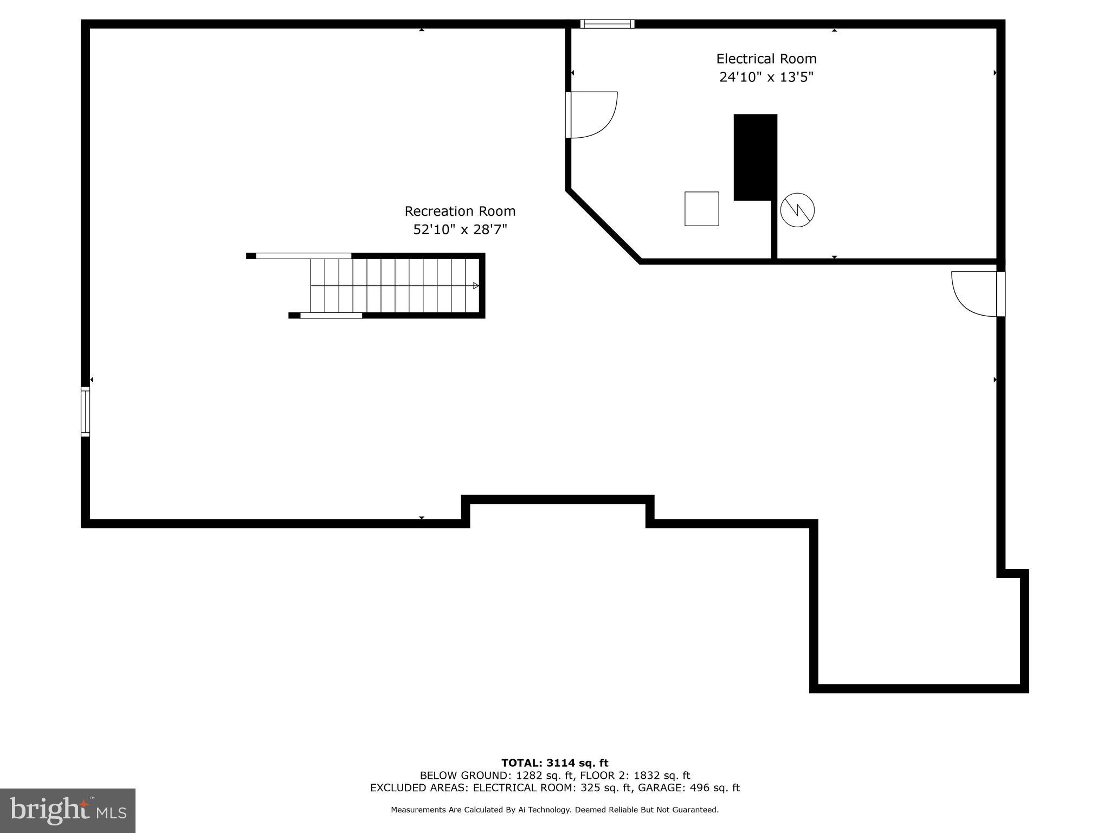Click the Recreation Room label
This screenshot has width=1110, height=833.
pyautogui.click(x=460, y=211)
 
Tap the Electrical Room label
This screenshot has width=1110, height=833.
pyautogui.click(x=766, y=59)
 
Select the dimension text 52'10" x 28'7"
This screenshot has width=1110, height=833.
pyautogui.click(x=460, y=230)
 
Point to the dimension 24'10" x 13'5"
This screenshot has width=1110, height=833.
pyautogui.click(x=766, y=77)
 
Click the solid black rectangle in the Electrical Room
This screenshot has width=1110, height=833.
pyautogui.click(x=755, y=156)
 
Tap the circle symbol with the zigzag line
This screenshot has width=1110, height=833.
pyautogui.click(x=797, y=210)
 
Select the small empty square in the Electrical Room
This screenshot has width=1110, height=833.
pyautogui.click(x=701, y=209)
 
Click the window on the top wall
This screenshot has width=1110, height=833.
pyautogui.click(x=606, y=24)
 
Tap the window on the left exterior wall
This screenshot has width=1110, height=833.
pyautogui.click(x=85, y=411)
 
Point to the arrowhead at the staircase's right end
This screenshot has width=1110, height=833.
pyautogui.click(x=476, y=286)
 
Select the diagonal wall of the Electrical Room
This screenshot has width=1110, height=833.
pyautogui.click(x=604, y=226)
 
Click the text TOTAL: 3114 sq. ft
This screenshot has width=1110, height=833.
pyautogui.click(x=554, y=763)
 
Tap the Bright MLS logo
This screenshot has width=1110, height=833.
pyautogui.click(x=67, y=810)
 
